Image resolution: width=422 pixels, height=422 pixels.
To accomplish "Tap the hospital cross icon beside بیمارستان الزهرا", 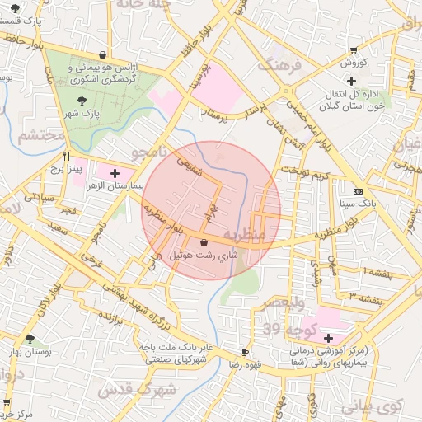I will tap(115, 174).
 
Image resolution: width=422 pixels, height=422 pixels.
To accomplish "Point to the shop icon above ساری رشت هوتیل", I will tap(204, 242).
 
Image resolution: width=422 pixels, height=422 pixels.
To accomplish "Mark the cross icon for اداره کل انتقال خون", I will tap(352, 80).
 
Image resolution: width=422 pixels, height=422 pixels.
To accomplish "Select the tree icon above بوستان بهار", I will tap(30, 339).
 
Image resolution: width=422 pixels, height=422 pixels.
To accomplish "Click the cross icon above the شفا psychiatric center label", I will tap(328, 338).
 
